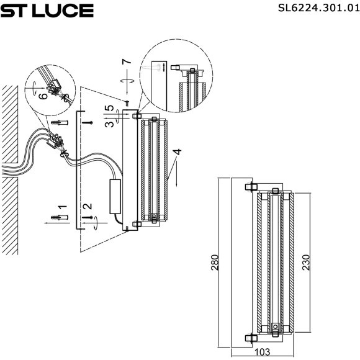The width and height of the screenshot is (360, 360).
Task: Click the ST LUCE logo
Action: pos(47,11)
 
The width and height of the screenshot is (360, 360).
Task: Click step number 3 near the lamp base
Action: pos(109,124)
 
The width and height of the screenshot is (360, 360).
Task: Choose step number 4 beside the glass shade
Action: pos(178,151)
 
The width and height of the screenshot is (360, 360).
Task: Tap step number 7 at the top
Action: pos(127,62)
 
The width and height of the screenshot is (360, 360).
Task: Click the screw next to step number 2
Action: pos(90,218)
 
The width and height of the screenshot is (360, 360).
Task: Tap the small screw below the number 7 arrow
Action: pos(127,102)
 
